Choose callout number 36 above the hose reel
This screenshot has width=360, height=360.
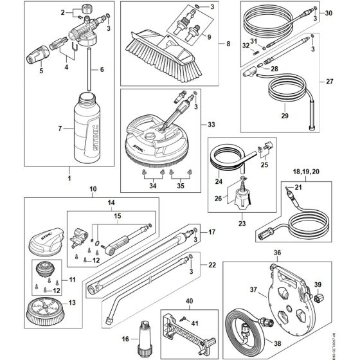pos(278,253)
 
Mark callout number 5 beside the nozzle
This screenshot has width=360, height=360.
pos(42,71)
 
